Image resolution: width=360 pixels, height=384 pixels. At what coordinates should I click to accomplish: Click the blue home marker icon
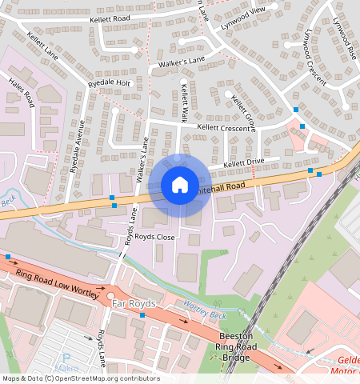(x=180, y=185)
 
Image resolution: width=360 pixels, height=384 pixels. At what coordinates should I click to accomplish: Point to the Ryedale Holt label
(x=110, y=82)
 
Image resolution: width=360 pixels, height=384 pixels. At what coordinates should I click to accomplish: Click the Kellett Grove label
(x=243, y=111)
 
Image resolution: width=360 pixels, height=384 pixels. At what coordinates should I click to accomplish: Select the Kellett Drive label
(x=243, y=163)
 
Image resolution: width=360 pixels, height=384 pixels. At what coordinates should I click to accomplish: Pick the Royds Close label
(x=154, y=237)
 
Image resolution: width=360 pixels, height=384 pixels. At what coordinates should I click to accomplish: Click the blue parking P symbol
(x=66, y=359)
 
